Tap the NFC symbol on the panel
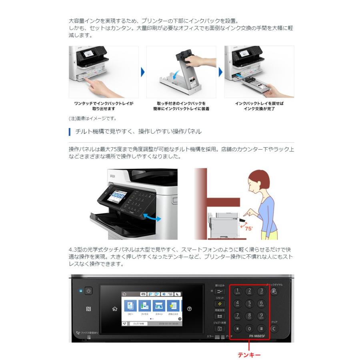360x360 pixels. point(89,309)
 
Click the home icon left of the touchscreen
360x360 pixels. point(115,308)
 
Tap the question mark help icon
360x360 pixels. point(189,309)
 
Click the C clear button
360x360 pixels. point(274,328)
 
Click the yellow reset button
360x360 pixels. point(220,304)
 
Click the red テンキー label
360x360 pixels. point(249,354)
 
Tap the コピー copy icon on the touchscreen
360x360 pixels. point(129,306)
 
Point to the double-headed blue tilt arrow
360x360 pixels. point(152,217)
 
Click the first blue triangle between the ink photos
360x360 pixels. point(142,72)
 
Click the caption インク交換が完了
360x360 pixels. point(259,108)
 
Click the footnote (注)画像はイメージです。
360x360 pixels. point(92,118)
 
